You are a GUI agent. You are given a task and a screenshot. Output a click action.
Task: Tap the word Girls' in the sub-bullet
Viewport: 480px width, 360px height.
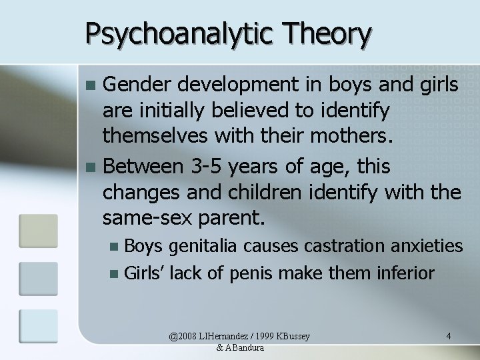[144, 273]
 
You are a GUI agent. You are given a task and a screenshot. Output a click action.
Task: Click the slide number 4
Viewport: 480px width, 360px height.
[449, 335]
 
